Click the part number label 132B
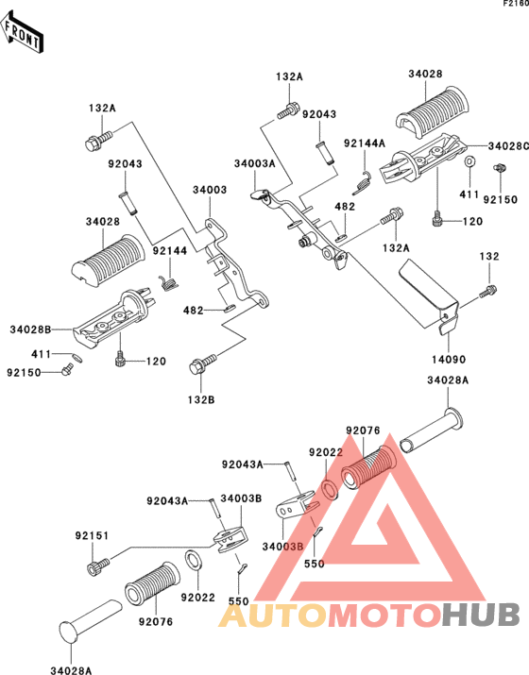(x=201, y=399)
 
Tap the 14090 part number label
(x=448, y=360)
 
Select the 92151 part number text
(x=93, y=535)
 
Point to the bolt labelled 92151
(x=98, y=565)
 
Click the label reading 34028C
(x=508, y=146)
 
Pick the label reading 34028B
(x=30, y=329)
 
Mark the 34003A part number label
(x=255, y=163)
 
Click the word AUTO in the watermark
(x=273, y=614)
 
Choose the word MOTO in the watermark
(x=385, y=614)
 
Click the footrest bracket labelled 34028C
(x=423, y=159)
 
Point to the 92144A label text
(x=365, y=143)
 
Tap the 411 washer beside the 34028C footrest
(x=469, y=161)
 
